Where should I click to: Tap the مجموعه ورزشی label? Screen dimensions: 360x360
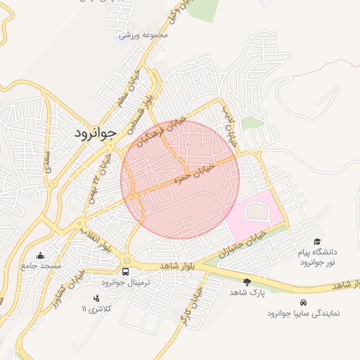coord(143,34)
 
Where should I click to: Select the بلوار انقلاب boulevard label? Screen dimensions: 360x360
coord(96,240)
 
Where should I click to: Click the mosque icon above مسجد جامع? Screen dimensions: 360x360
coord(40,256)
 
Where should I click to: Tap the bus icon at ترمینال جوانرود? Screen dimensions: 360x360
coord(126,271)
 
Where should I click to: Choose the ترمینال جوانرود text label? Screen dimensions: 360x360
coord(122,282)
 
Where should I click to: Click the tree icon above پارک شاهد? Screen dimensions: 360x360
coord(246,281)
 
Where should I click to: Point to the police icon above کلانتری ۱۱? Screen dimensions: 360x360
coord(96,298)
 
